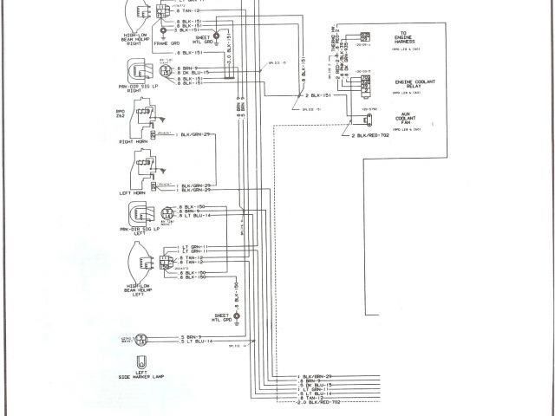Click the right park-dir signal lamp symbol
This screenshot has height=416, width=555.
pos(139,70)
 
